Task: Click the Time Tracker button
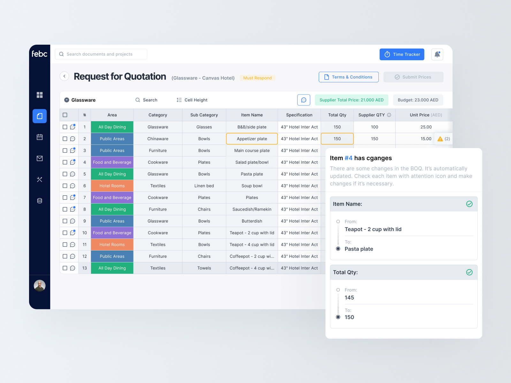coord(402,54)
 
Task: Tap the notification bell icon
coord(437,54)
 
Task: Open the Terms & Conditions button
coord(348,77)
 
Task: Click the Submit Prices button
coord(413,77)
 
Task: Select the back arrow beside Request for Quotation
coord(65,76)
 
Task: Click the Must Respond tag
coord(257,78)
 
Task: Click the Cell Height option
coord(192,100)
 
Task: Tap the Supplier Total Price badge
coord(351,100)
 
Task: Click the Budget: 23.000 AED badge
coord(418,100)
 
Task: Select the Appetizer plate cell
coord(252,139)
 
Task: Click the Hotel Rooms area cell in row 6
coord(112,186)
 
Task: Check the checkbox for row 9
coord(65,221)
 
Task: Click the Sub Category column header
coord(204,115)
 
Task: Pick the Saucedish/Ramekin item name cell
coord(252,209)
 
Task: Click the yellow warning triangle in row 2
coord(440,139)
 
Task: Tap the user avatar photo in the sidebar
coord(40,286)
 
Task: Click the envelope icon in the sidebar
coord(40,158)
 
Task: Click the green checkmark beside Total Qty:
coord(469,272)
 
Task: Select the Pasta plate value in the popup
coord(359,249)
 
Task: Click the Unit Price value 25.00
coord(426,127)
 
